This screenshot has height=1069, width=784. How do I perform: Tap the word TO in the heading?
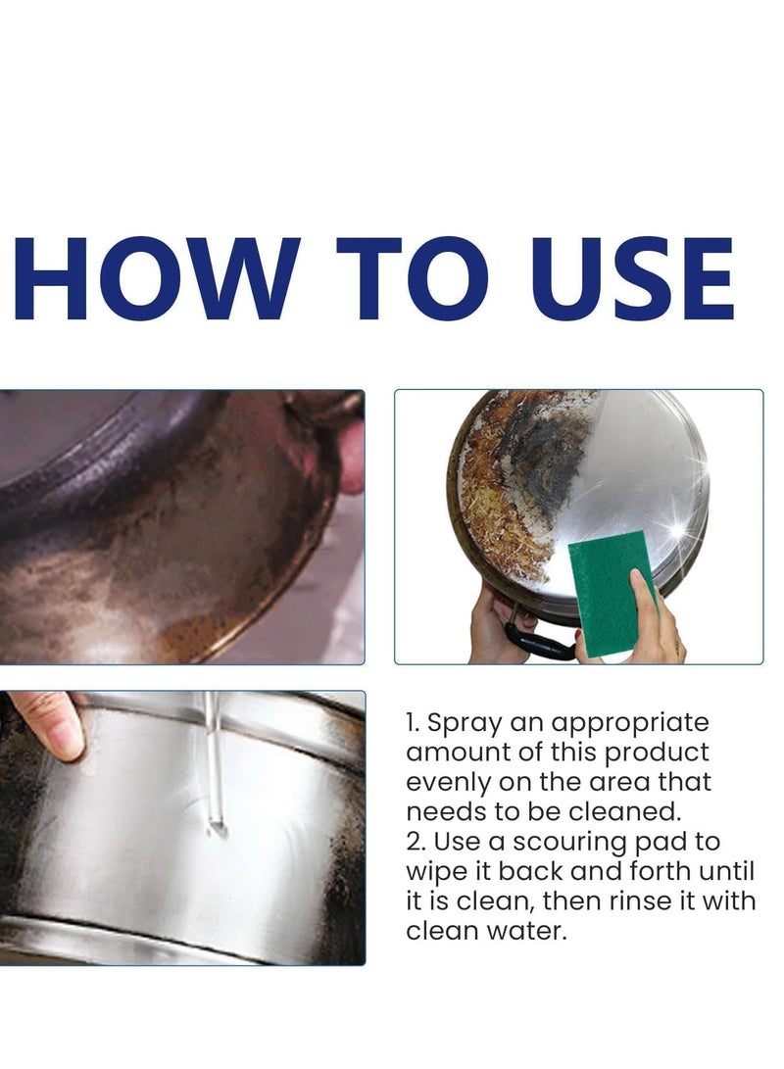tap(411, 278)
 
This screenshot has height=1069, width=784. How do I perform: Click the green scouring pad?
tap(612, 593)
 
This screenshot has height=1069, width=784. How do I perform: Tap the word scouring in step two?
tap(569, 843)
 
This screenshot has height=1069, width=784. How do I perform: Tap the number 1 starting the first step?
tap(412, 723)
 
